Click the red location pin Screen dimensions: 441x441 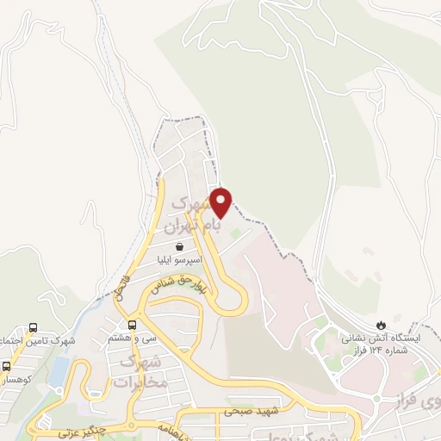coord(221,202)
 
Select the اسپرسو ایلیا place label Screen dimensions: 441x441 coord(177,259)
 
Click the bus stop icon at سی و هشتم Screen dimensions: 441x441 coord(132,326)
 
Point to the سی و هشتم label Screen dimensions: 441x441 coord(132,339)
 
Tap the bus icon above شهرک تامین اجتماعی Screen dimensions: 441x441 coord(33,327)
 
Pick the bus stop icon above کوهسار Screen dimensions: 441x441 coord(7,366)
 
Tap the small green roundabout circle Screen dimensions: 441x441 coord(234,232)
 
